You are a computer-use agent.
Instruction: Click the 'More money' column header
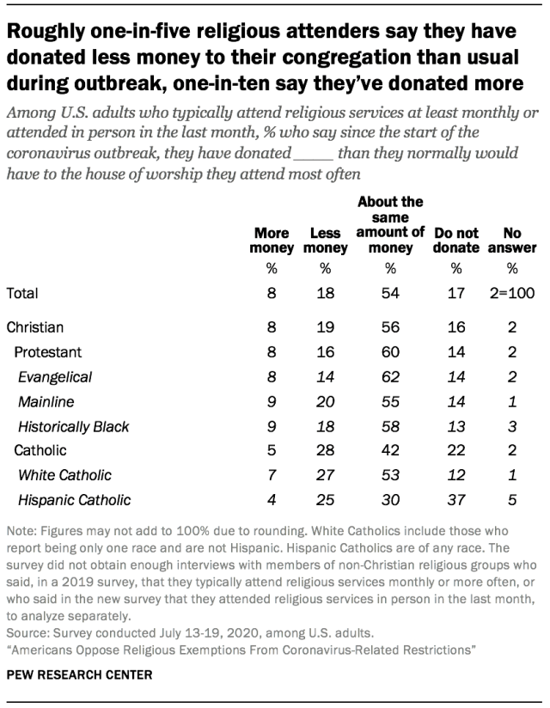[271, 241]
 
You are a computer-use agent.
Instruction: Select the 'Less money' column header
[326, 241]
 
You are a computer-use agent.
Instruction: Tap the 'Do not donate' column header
[456, 241]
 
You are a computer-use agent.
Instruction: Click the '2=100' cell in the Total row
[513, 293]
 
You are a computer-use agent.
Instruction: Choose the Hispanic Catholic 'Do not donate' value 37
[456, 499]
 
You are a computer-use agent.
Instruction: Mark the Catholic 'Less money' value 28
[326, 449]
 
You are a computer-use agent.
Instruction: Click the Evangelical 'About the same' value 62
[390, 376]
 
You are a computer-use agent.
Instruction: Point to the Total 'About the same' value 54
[390, 293]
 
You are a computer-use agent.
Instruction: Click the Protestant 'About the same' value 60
[390, 352]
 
